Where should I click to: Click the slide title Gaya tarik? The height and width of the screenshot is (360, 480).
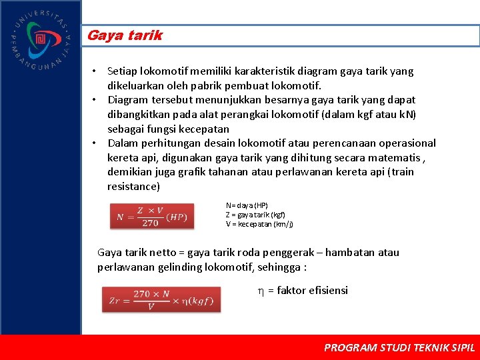(x=125, y=36)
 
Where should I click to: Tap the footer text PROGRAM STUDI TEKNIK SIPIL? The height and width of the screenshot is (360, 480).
(x=399, y=347)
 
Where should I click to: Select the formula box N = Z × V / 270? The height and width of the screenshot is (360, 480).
(x=152, y=217)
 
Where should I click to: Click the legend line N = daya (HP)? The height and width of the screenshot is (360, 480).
(x=247, y=205)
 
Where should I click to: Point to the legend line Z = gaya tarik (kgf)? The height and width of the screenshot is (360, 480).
(x=255, y=215)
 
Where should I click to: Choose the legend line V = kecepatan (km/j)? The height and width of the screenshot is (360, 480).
(x=259, y=224)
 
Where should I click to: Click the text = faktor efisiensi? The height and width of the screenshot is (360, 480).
(x=307, y=290)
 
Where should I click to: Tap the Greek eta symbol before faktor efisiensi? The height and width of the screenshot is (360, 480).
(x=261, y=291)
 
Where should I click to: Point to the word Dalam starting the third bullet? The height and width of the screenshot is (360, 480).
(x=123, y=143)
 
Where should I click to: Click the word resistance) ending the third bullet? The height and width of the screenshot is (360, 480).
(x=133, y=186)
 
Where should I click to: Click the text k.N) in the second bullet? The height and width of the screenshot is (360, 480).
(x=405, y=114)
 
